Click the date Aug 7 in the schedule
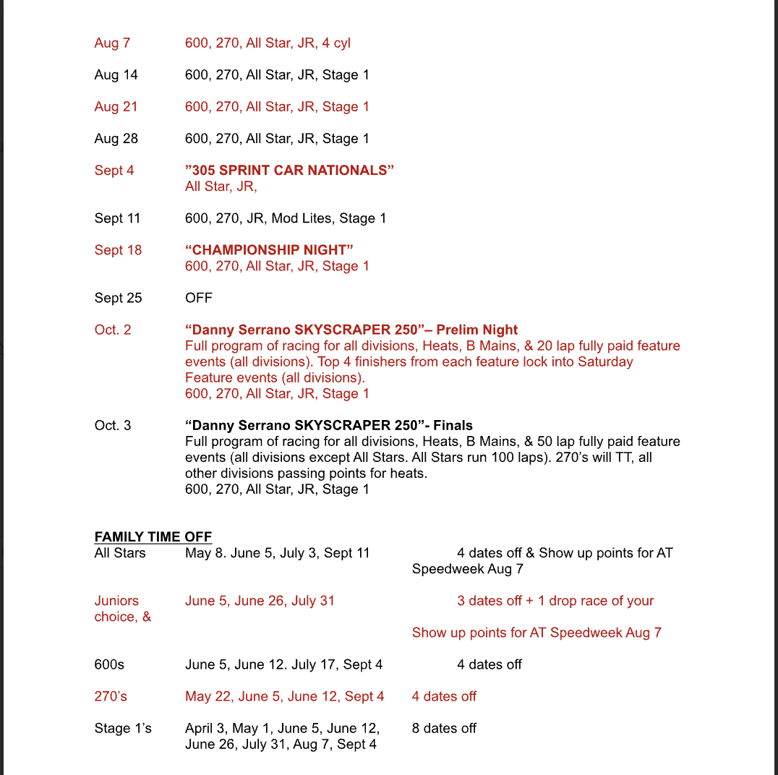pyautogui.click(x=112, y=43)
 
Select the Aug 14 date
pyautogui.click(x=116, y=75)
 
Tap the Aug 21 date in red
pyautogui.click(x=116, y=107)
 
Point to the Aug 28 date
pyautogui.click(x=116, y=139)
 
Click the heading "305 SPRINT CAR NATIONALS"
pyautogui.click(x=290, y=171)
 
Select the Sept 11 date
pyautogui.click(x=117, y=218)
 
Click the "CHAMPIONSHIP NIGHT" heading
pyautogui.click(x=269, y=250)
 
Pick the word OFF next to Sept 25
pyautogui.click(x=199, y=298)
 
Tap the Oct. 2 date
pyautogui.click(x=113, y=330)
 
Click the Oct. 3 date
pyautogui.click(x=113, y=425)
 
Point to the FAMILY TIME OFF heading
pyautogui.click(x=153, y=537)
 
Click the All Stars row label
pyautogui.click(x=120, y=553)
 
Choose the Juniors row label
pyautogui.click(x=116, y=601)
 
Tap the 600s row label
pyautogui.click(x=110, y=664)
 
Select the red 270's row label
pyautogui.click(x=111, y=696)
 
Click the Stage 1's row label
pyautogui.click(x=123, y=728)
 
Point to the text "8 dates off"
pyautogui.click(x=444, y=728)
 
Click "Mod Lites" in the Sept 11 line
pyautogui.click(x=294, y=218)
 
